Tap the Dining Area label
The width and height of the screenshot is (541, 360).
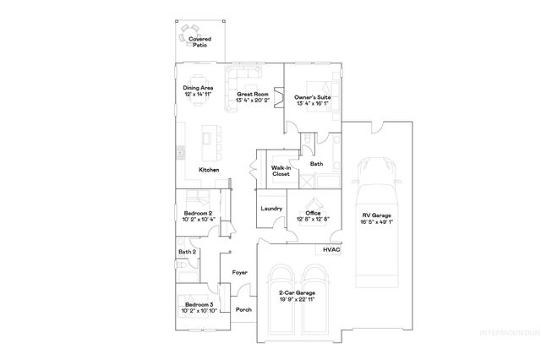tap(198, 91)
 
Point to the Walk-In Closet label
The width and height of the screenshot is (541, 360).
tap(281, 171)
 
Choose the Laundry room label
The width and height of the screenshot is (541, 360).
tap(270, 208)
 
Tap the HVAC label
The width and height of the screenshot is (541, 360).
tap(331, 250)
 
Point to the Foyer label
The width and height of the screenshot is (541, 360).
tap(240, 273)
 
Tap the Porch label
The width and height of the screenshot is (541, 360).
tap(243, 310)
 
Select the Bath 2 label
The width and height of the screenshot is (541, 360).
tap(187, 252)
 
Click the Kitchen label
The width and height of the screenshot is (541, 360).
tap(209, 170)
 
